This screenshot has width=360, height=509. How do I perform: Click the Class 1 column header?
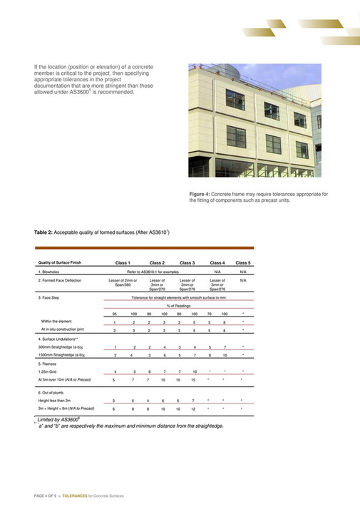pos(123,263)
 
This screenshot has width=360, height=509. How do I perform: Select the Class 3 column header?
pos(189,263)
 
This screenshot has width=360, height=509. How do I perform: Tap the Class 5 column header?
pos(243,263)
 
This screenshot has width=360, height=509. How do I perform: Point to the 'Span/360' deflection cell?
pos(123,286)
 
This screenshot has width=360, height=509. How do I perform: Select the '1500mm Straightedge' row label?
pos(63,355)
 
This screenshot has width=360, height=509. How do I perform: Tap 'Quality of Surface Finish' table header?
pos(60,263)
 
